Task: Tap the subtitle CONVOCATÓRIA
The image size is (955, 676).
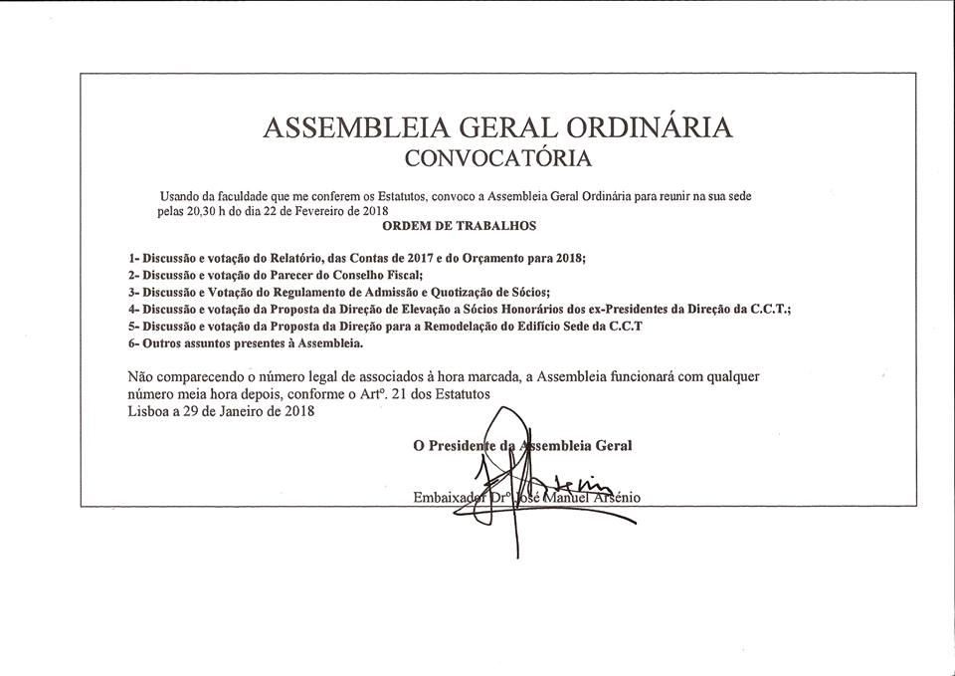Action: point(497,157)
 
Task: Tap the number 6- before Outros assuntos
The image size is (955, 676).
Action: point(134,342)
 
